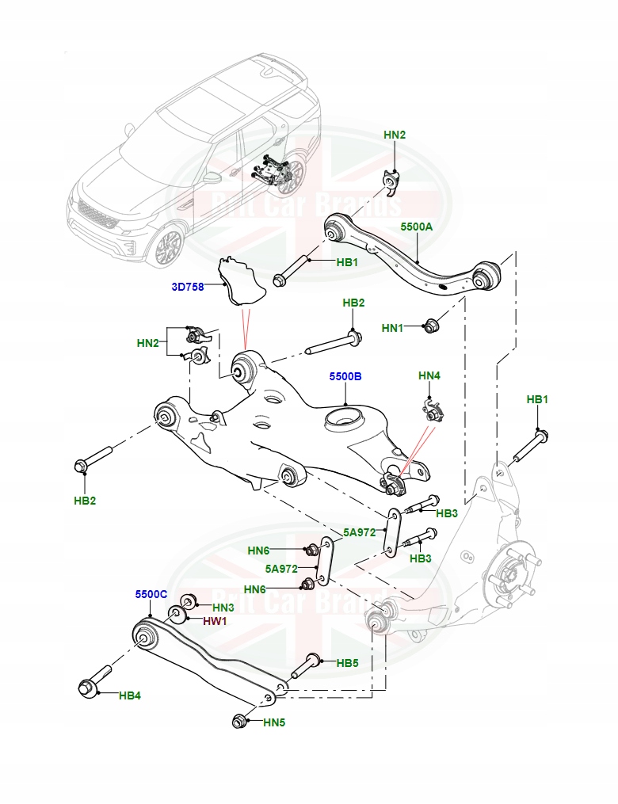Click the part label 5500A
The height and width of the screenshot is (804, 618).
(416, 226)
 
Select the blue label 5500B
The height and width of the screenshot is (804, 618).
(345, 376)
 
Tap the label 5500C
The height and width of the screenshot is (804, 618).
(151, 594)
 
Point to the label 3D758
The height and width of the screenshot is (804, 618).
(188, 287)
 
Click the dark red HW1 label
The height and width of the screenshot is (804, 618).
(215, 622)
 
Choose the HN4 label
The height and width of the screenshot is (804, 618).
(429, 375)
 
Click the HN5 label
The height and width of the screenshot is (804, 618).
(274, 722)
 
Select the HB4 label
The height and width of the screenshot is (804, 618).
(130, 695)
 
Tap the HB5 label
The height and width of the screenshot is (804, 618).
(347, 663)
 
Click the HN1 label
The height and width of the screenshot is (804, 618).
(392, 328)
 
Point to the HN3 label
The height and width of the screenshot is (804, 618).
(223, 608)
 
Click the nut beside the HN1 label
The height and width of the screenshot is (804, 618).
(430, 325)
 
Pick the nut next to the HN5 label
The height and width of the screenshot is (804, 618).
(239, 720)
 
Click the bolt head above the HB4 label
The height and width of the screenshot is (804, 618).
(87, 688)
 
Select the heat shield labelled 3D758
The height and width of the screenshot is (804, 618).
(241, 281)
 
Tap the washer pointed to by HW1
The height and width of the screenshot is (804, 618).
(177, 613)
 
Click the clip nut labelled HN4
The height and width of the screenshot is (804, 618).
(434, 410)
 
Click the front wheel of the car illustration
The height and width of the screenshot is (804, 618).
(169, 248)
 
